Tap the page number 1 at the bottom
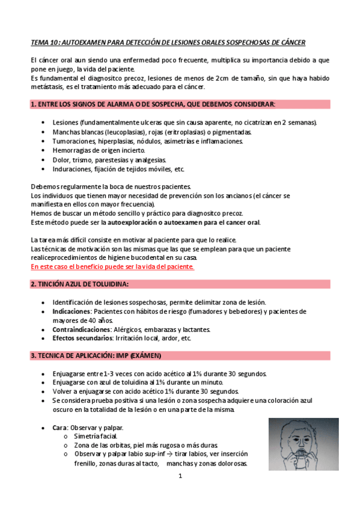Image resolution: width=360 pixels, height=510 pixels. [x=180, y=476]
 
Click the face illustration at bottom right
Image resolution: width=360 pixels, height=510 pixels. [x=302, y=444]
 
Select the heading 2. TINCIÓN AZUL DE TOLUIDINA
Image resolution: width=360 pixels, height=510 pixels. [x=79, y=283]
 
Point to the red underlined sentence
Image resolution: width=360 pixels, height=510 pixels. [x=112, y=266]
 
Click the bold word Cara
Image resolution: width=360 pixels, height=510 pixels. [x=59, y=427]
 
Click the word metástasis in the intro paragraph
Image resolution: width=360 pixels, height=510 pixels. [x=48, y=87]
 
